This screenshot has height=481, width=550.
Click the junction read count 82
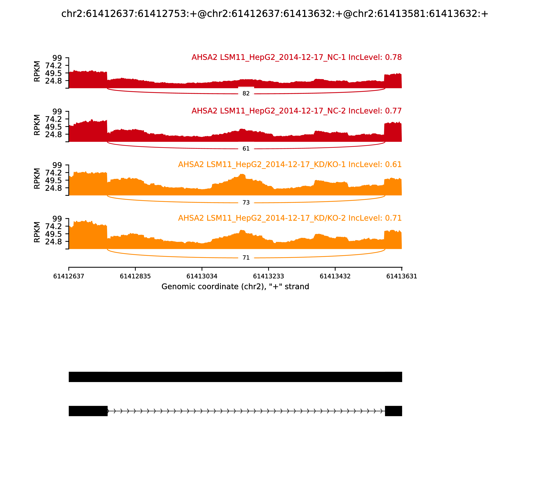coord(246,93)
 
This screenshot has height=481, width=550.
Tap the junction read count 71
coord(246,258)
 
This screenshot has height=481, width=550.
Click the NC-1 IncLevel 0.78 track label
coord(296,57)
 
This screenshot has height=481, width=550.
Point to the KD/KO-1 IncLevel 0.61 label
coord(290,165)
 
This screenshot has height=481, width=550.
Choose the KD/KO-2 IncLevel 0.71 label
coord(290,218)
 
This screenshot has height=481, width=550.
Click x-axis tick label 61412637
coord(69,276)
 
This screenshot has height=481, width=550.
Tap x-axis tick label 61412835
coord(135,276)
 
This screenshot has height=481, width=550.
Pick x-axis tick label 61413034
coord(202,276)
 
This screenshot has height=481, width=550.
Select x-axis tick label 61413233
coord(268,276)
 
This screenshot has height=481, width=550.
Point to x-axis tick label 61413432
coord(335,276)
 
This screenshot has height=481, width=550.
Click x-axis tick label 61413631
coord(402,276)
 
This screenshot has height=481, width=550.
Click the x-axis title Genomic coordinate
coord(235,287)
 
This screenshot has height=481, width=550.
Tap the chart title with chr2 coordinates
coord(275,14)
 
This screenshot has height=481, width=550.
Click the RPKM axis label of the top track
coord(37,71)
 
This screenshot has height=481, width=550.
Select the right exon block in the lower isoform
coord(393,411)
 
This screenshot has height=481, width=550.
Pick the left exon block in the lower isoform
coord(88,411)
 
